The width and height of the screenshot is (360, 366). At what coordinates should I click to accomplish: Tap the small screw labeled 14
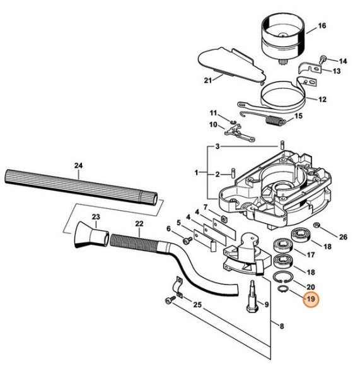[322, 59]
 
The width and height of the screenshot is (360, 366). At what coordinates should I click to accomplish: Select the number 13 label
[336, 71]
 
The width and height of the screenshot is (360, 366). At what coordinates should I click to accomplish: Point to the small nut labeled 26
[317, 226]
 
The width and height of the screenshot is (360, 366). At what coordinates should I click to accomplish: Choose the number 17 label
[311, 255]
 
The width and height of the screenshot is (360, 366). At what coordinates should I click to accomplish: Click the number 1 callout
[196, 172]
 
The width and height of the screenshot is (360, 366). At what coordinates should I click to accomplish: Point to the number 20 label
[311, 286]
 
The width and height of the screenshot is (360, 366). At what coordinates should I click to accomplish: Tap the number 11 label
[213, 112]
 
